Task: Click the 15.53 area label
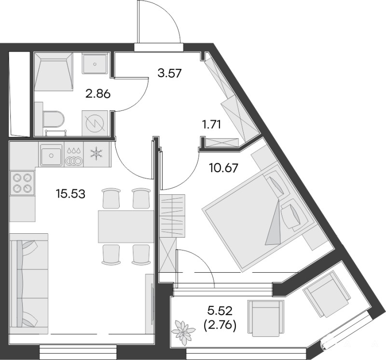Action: (70, 194)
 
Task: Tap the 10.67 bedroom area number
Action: (223, 168)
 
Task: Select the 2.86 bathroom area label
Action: (98, 94)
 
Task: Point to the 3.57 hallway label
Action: (169, 73)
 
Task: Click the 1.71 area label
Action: (211, 124)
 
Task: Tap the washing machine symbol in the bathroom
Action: (96, 123)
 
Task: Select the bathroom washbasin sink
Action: (95, 64)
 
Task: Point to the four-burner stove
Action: (22, 183)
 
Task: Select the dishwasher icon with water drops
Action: (74, 155)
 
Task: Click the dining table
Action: (126, 226)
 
